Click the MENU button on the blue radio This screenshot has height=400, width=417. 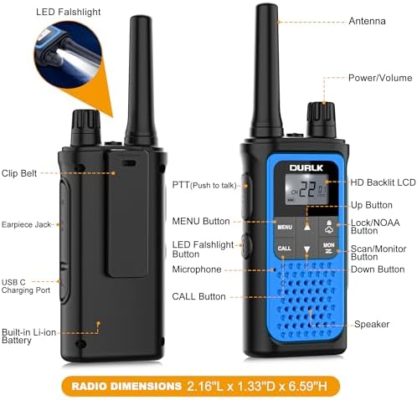click(285, 228)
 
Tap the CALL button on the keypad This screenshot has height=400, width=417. click(285, 248)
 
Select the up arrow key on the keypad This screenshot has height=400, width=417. click(307, 227)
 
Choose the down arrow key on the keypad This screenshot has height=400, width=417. click(307, 249)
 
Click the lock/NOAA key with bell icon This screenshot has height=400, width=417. click(329, 227)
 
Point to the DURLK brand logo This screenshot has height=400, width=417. click(306, 167)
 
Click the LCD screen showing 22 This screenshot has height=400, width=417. click(306, 189)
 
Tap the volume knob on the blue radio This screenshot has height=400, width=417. click(322, 120)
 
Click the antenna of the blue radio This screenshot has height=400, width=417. click(266, 70)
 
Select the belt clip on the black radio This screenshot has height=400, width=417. click(126, 213)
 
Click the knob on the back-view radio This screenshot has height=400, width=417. click(85, 127)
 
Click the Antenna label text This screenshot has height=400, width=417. click(367, 21)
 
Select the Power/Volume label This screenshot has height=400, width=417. click(380, 78)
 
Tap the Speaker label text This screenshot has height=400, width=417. click(372, 324)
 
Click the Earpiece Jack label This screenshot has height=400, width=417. click(26, 224)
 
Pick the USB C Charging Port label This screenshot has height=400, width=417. click(26, 286)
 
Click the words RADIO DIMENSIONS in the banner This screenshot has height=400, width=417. click(126, 387)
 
